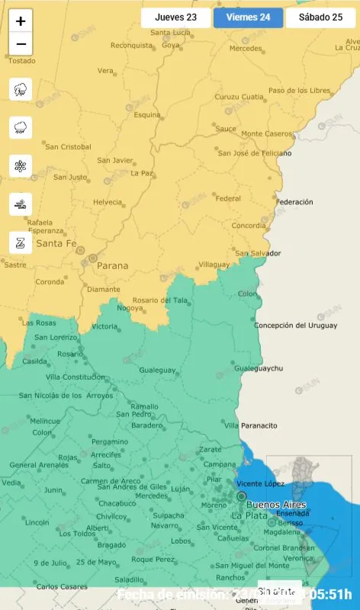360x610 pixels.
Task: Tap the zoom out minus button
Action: click(21, 44)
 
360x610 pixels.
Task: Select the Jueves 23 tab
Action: click(175, 18)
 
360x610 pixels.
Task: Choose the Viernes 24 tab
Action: click(248, 18)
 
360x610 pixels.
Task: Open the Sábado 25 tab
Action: click(320, 18)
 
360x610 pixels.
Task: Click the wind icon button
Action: click(21, 204)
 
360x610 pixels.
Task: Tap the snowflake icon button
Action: click(21, 165)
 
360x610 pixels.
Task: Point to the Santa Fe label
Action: click(56, 244)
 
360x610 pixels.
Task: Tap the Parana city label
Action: click(113, 266)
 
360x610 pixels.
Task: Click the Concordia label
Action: click(249, 226)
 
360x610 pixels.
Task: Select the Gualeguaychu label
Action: click(259, 368)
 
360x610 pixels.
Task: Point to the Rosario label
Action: click(70, 354)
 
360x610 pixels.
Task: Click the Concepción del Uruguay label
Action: click(295, 326)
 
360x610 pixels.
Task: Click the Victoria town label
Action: click(104, 326)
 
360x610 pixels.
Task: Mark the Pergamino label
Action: click(110, 441)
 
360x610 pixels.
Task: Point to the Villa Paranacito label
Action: click(251, 425)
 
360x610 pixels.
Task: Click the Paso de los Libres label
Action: click(299, 91)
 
